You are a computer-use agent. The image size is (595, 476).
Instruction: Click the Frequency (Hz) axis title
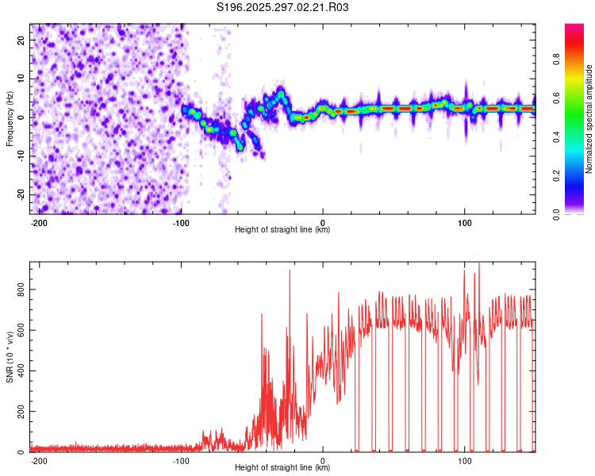tap(10, 118)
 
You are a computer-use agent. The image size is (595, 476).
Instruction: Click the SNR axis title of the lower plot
tap(10, 356)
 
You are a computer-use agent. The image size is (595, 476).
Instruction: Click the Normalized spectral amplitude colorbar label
tap(589, 119)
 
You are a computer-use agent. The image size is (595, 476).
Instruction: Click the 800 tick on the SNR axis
tap(21, 290)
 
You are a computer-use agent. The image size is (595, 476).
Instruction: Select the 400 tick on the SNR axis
tap(21, 371)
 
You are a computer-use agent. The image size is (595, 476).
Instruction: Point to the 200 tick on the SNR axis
tap(21, 412)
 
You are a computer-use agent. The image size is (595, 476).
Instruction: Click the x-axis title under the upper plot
tap(282, 230)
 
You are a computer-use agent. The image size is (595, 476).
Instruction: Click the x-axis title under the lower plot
tap(282, 468)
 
